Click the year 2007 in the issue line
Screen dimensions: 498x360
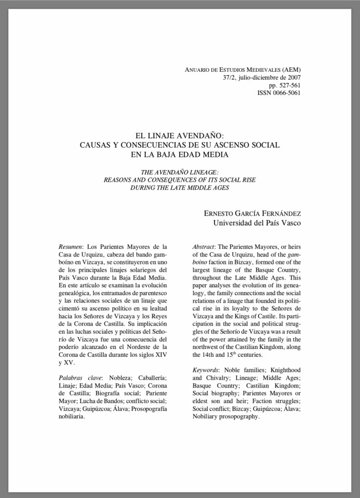click(293, 77)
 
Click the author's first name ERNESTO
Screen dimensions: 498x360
click(219, 213)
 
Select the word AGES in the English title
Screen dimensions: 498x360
click(221, 187)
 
